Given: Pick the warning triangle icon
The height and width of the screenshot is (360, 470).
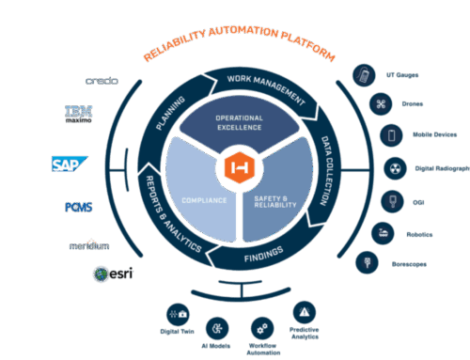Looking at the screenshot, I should point(304,311).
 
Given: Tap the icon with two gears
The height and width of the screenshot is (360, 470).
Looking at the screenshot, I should point(262,328).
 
